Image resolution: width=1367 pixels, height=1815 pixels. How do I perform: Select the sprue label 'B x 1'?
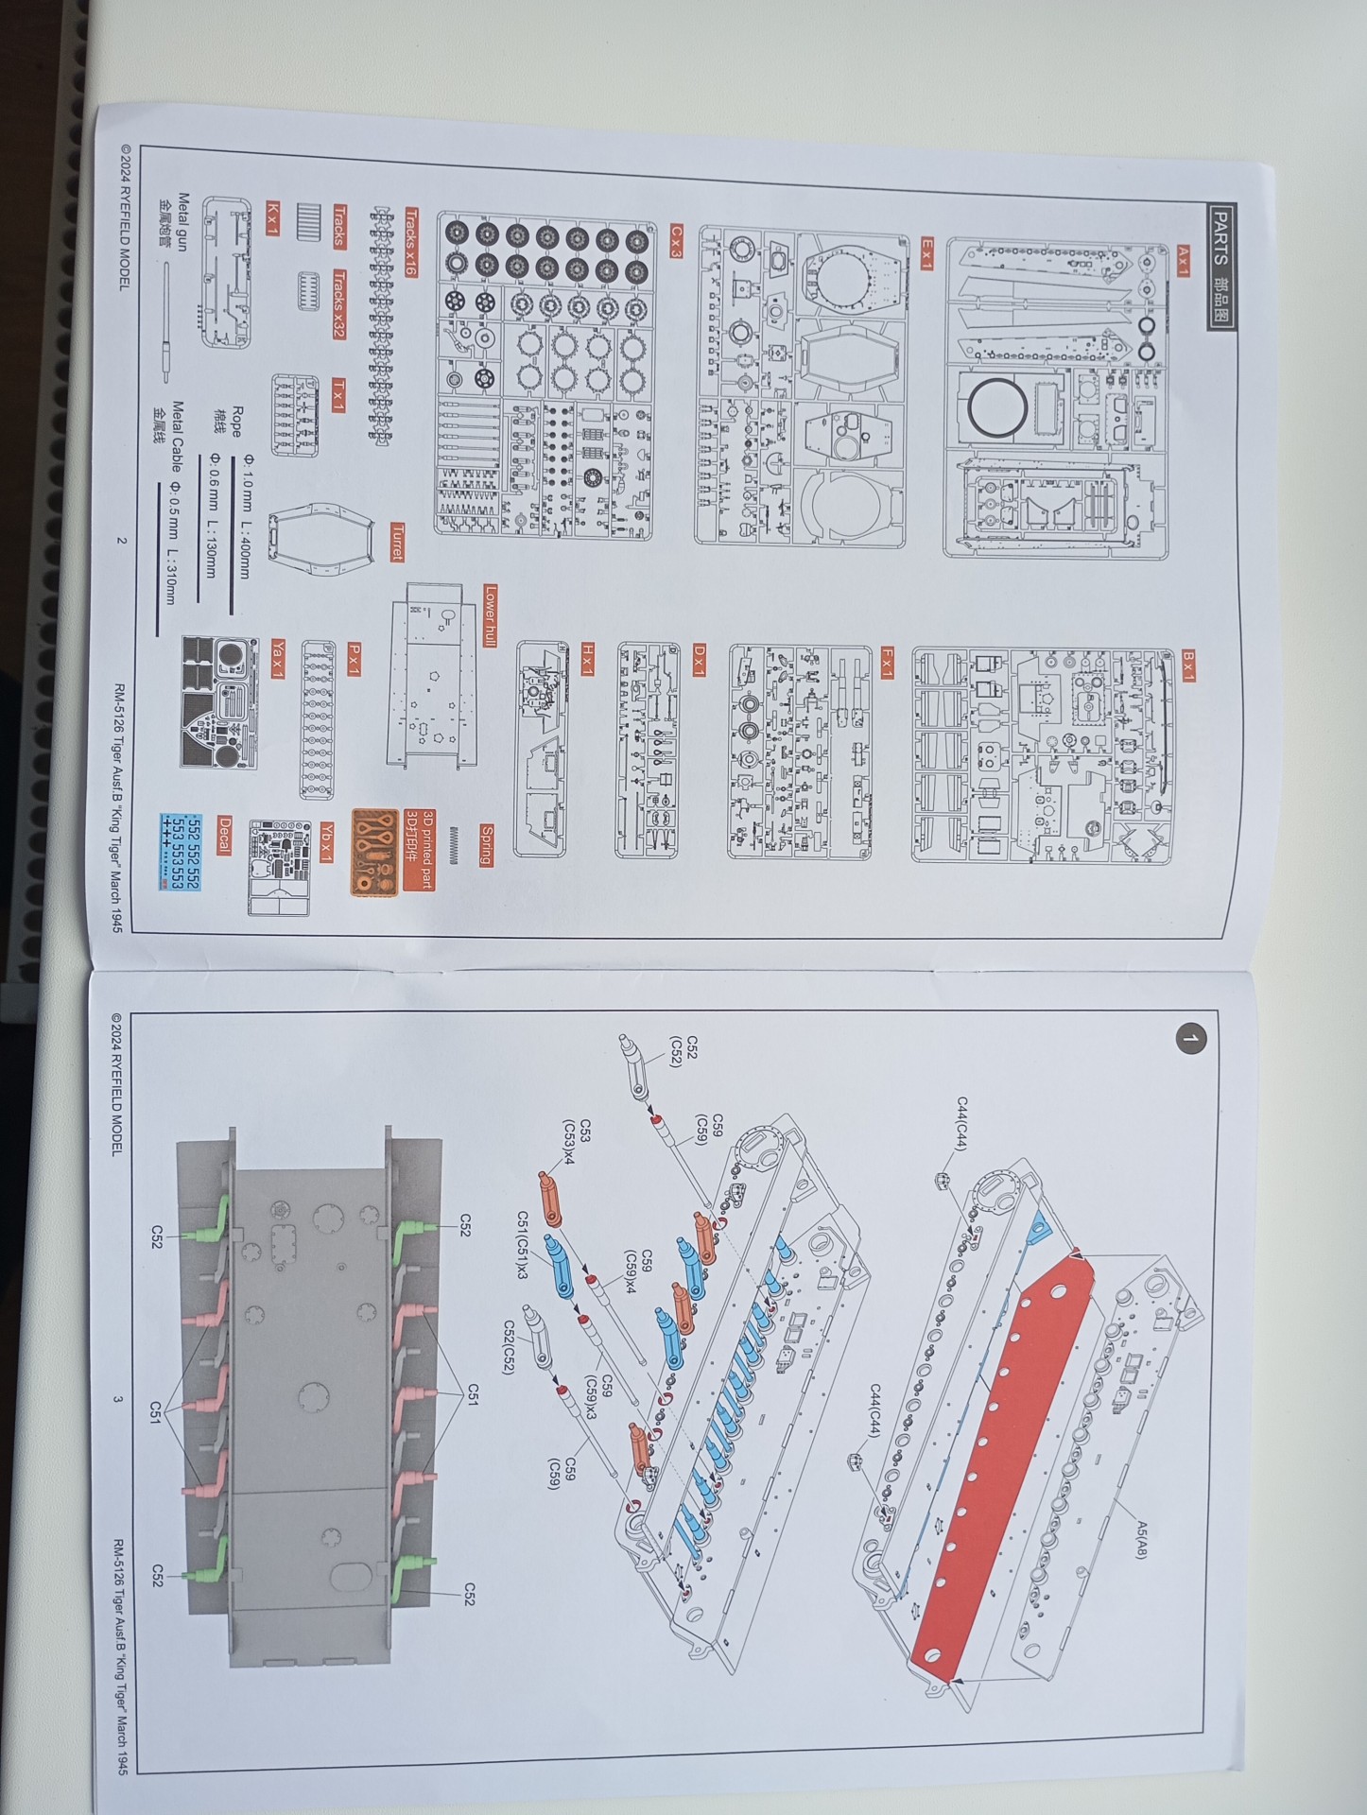[1188, 665]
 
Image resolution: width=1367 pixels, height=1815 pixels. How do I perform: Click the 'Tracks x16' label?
[410, 242]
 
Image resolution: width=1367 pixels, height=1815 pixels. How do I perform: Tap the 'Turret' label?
[397, 542]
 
